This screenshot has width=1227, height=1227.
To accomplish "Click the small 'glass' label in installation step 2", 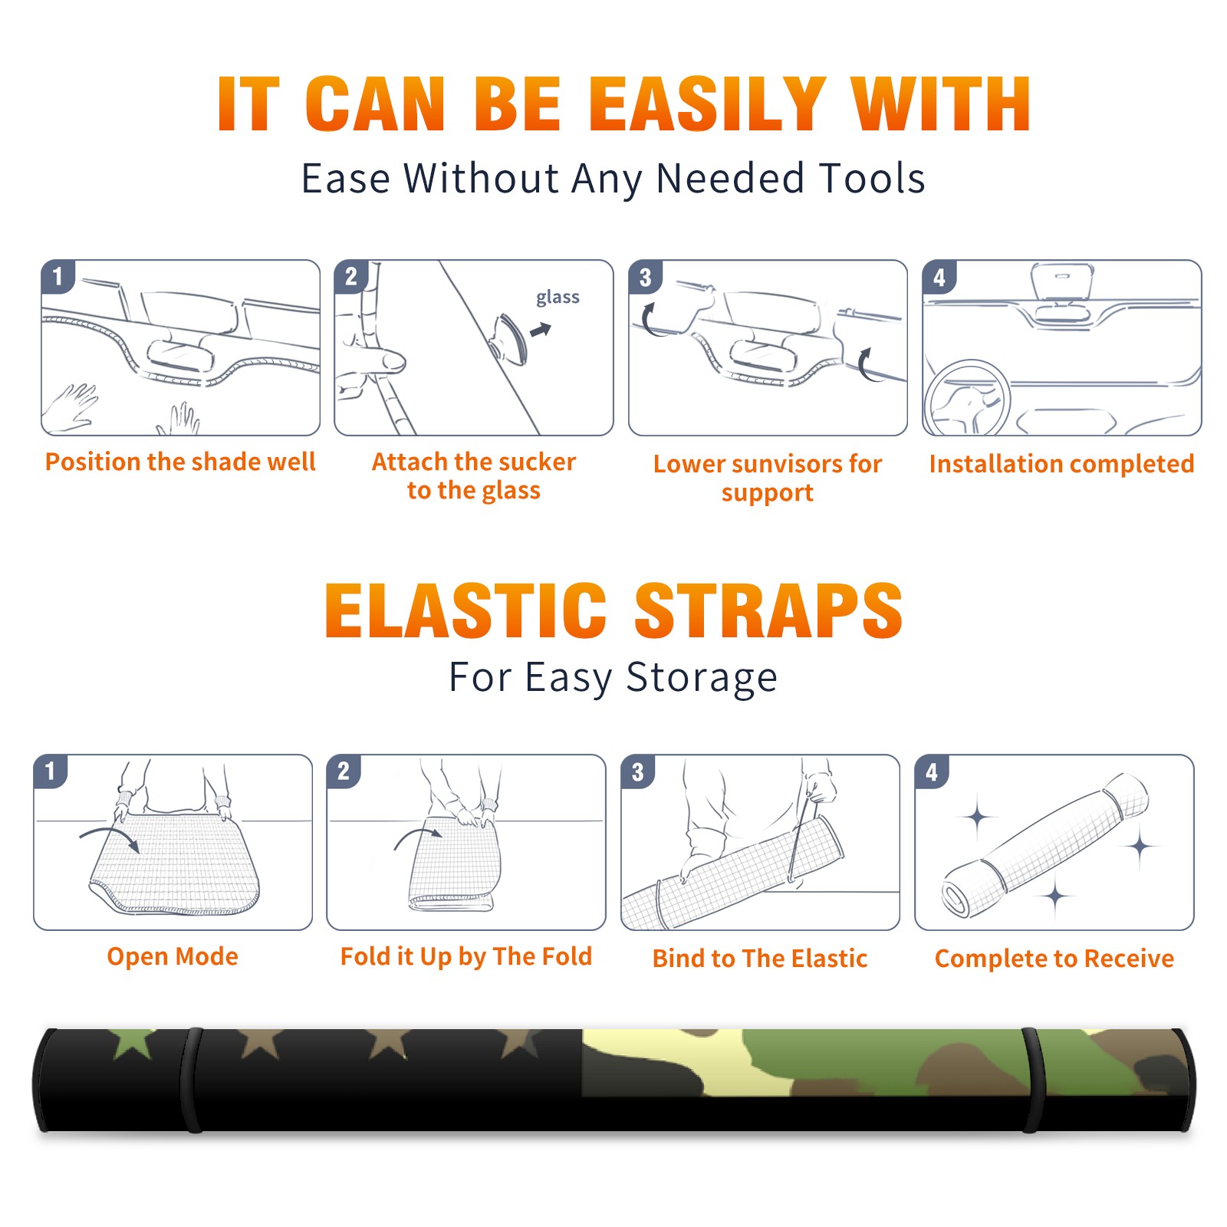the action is tap(558, 298).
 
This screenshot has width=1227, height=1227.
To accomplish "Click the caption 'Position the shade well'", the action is tap(180, 462).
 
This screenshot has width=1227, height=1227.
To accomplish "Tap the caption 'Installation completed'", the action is tap(1061, 464).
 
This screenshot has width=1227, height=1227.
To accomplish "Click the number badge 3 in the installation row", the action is tap(645, 278).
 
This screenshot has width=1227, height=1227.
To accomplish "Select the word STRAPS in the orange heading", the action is tap(768, 610).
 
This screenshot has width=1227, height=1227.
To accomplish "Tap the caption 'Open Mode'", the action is tap(173, 956).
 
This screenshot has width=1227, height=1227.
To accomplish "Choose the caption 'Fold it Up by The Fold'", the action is tap(466, 956).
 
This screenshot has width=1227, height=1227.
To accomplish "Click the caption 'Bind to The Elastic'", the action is tap(760, 959).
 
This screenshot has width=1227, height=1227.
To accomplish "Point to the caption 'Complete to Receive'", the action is tap(1054, 959).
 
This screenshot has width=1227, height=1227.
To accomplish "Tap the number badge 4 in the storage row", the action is tap(932, 772).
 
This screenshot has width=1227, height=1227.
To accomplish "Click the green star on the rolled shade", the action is tap(133, 1044).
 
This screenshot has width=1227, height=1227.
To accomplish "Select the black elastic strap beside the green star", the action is tap(192, 1080).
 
